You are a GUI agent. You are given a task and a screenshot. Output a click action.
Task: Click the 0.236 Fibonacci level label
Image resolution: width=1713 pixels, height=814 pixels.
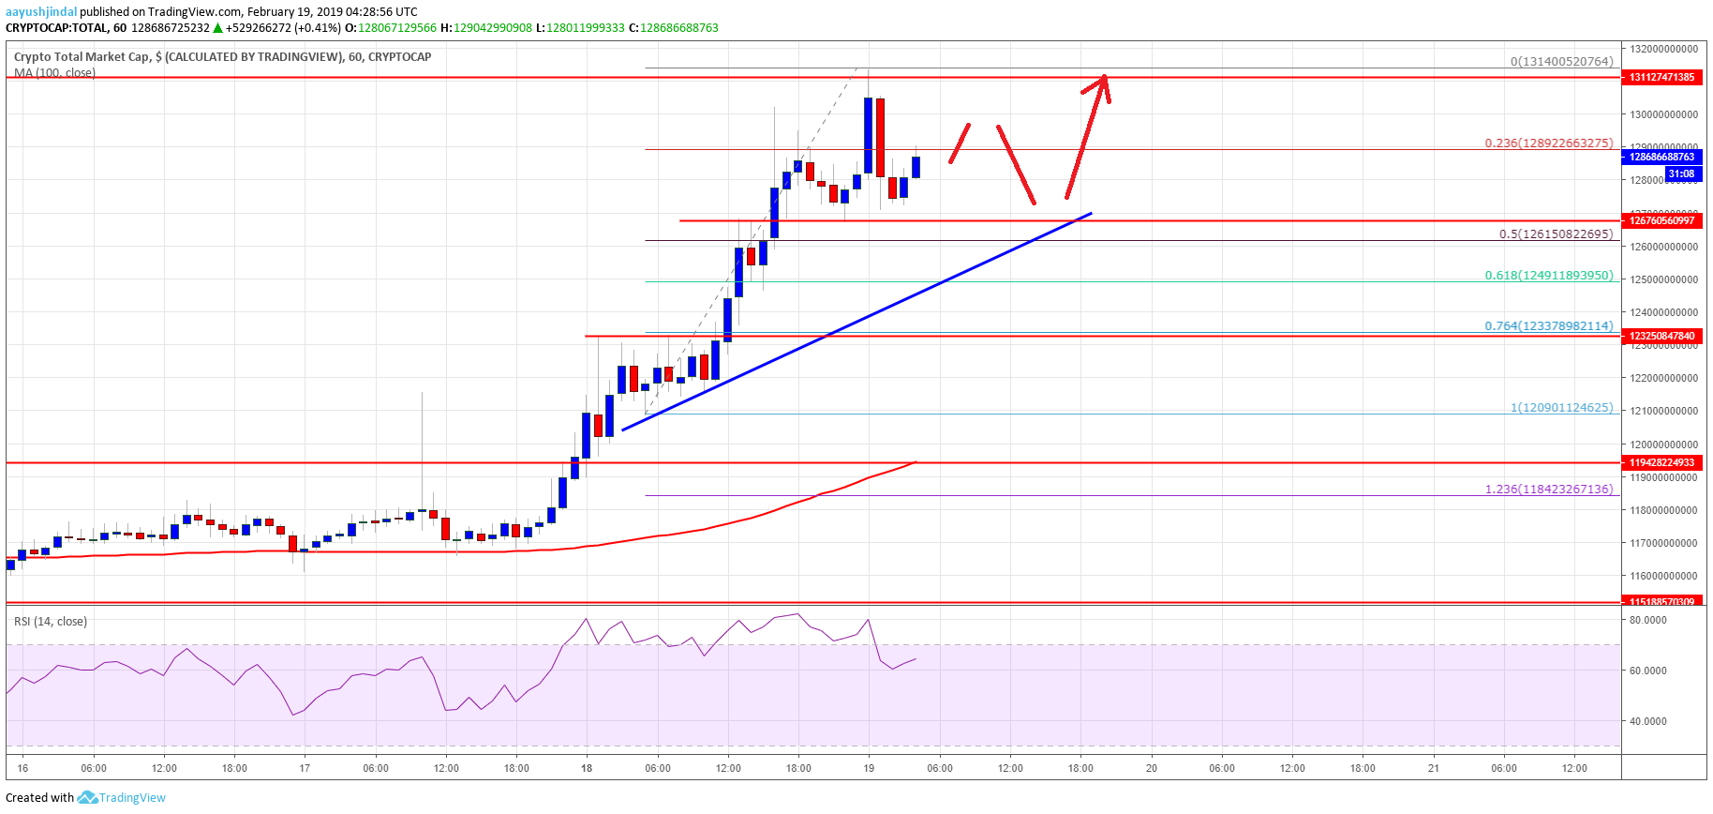click(1548, 143)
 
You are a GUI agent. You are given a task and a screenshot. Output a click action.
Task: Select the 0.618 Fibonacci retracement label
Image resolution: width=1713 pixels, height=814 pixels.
click(1548, 276)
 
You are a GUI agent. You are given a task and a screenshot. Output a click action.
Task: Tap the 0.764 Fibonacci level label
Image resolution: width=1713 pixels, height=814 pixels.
click(1548, 326)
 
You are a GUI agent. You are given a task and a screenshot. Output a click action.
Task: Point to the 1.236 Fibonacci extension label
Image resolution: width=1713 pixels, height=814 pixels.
click(1548, 490)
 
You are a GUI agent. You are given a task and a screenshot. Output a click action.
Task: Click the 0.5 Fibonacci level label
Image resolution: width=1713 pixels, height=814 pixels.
click(1556, 234)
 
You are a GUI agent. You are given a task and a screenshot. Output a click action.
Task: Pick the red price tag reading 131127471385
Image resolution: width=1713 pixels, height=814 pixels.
click(1661, 77)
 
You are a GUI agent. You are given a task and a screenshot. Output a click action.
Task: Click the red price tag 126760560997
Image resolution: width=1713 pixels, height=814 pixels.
click(1661, 220)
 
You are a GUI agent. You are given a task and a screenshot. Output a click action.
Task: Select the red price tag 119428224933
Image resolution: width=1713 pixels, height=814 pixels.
click(1661, 462)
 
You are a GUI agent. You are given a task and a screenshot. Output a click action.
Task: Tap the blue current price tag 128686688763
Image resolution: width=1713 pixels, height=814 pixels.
click(1661, 157)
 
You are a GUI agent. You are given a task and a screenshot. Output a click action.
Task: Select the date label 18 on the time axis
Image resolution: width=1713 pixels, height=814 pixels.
click(587, 768)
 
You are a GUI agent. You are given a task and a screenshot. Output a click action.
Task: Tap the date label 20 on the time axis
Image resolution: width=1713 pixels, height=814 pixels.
click(1152, 768)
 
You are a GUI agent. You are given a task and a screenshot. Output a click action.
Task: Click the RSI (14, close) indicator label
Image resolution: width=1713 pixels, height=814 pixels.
click(51, 622)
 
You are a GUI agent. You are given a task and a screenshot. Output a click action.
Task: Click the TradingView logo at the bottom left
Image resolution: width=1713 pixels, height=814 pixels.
click(122, 798)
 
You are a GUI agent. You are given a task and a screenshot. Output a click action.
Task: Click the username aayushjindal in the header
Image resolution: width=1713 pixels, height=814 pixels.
click(41, 12)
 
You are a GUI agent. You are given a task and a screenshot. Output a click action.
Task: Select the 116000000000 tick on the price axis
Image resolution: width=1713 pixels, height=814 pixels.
click(1662, 576)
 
